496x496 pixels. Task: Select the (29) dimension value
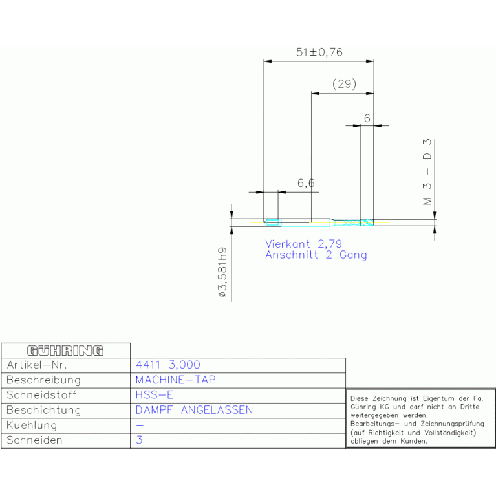click(x=344, y=84)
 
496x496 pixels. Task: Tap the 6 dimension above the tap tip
click(x=367, y=118)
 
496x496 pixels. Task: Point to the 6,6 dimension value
click(x=306, y=184)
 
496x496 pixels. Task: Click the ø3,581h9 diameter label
click(x=222, y=272)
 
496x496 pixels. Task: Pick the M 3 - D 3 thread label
click(x=427, y=171)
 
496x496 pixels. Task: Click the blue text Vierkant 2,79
click(x=303, y=244)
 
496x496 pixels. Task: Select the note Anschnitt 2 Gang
click(x=316, y=255)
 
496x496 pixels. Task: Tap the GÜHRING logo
click(x=65, y=350)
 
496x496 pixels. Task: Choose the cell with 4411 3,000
click(x=168, y=365)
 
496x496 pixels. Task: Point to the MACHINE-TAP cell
click(x=176, y=380)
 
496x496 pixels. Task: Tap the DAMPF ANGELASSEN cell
click(x=194, y=410)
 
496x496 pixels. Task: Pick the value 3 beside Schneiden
click(x=139, y=440)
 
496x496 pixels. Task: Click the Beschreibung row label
click(x=43, y=380)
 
